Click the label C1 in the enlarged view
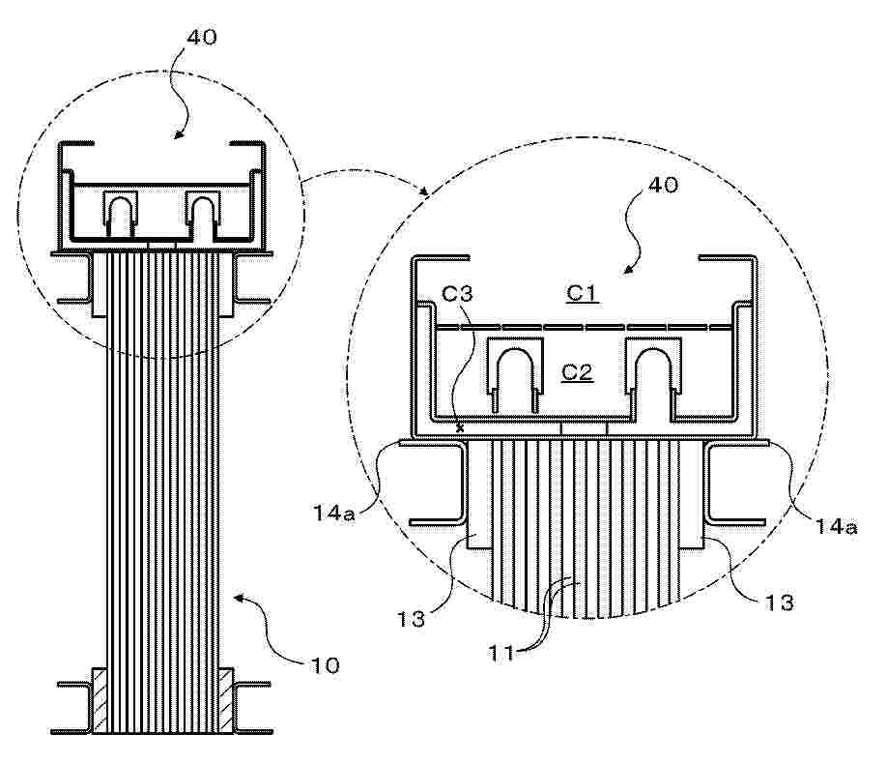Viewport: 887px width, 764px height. pos(582,293)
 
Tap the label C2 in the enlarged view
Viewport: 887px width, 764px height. pos(577,372)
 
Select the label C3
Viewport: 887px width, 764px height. pos(457,295)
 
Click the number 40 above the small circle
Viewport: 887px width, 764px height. pos(202,38)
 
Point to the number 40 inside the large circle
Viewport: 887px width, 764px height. pos(663,185)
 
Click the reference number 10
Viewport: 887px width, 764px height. pos(326,665)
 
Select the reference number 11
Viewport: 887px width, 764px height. pos(501,654)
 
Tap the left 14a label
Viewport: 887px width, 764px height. pos(333,514)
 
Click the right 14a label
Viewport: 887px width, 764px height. pos(836,527)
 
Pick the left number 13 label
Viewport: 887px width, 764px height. pos(411,619)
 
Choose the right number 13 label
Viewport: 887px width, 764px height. pos(779,602)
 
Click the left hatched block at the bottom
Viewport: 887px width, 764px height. pos(100,701)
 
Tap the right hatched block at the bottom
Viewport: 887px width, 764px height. pos(226,701)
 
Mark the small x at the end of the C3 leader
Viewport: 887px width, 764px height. pos(460,428)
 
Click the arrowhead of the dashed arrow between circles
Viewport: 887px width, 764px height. pos(424,191)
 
